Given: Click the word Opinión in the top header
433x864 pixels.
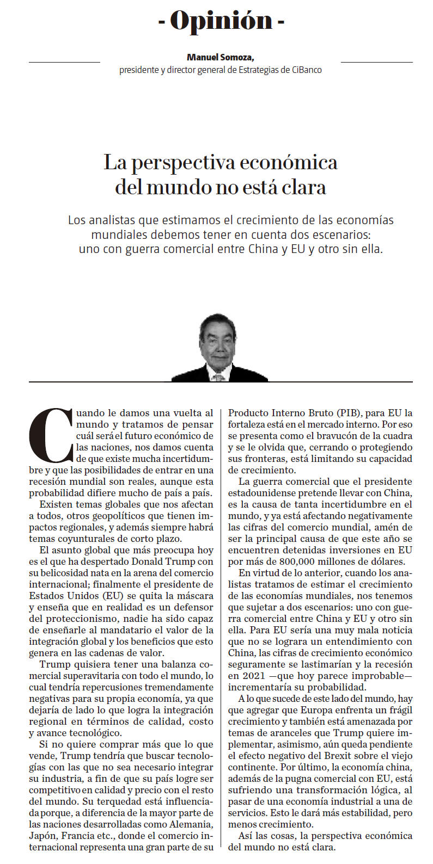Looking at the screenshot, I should click(221, 21).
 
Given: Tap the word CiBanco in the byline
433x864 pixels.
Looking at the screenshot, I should click(306, 70).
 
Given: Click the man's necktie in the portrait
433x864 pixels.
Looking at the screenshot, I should click(219, 377).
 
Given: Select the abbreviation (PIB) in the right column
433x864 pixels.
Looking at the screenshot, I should click(345, 413).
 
